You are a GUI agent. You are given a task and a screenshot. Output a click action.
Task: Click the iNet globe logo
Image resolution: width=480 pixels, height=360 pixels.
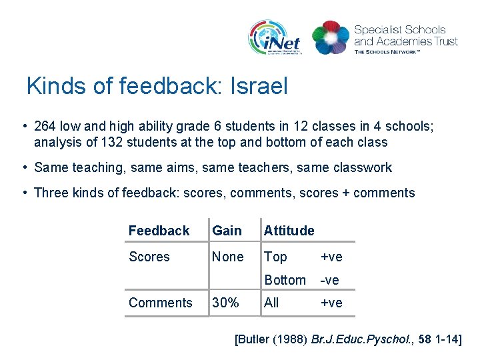click(x=274, y=37)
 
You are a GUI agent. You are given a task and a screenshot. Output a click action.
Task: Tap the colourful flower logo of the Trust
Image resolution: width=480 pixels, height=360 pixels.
click(x=331, y=37)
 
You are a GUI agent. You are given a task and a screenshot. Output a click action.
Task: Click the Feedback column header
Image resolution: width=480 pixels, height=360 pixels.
click(x=159, y=231)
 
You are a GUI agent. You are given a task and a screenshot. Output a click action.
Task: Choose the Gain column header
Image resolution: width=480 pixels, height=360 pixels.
click(x=227, y=231)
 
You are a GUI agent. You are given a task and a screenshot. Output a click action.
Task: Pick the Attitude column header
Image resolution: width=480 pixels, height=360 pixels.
click(x=289, y=231)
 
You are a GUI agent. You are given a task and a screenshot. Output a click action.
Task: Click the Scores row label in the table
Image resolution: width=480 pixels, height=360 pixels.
click(x=149, y=257)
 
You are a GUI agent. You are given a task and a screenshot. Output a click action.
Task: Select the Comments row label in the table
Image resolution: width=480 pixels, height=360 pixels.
click(x=160, y=303)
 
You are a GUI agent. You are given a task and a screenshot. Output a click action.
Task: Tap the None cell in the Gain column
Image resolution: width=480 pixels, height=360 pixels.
click(x=227, y=257)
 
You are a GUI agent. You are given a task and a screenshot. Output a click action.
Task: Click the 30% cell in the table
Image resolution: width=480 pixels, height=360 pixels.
click(x=225, y=303)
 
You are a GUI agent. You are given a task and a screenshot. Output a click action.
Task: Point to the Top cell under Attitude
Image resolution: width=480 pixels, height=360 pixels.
click(x=275, y=257)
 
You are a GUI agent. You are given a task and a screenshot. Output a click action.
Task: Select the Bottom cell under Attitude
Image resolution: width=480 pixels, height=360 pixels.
click(x=285, y=280)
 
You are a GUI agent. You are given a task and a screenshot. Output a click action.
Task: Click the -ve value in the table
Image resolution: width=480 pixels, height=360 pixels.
click(x=329, y=280)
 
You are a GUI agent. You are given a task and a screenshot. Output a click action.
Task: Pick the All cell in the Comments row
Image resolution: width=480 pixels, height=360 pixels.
click(x=271, y=303)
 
